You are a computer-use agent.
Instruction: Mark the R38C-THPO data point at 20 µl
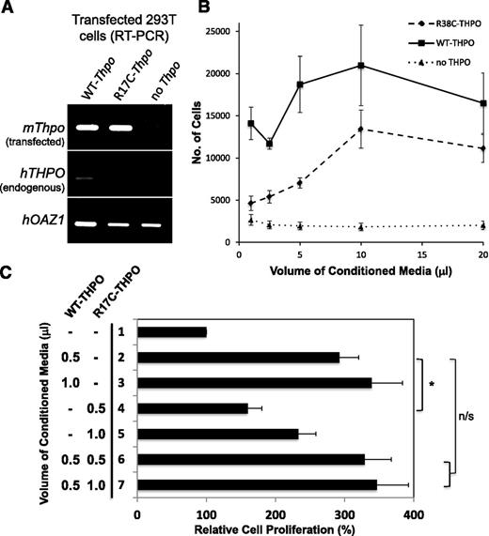(482, 148)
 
